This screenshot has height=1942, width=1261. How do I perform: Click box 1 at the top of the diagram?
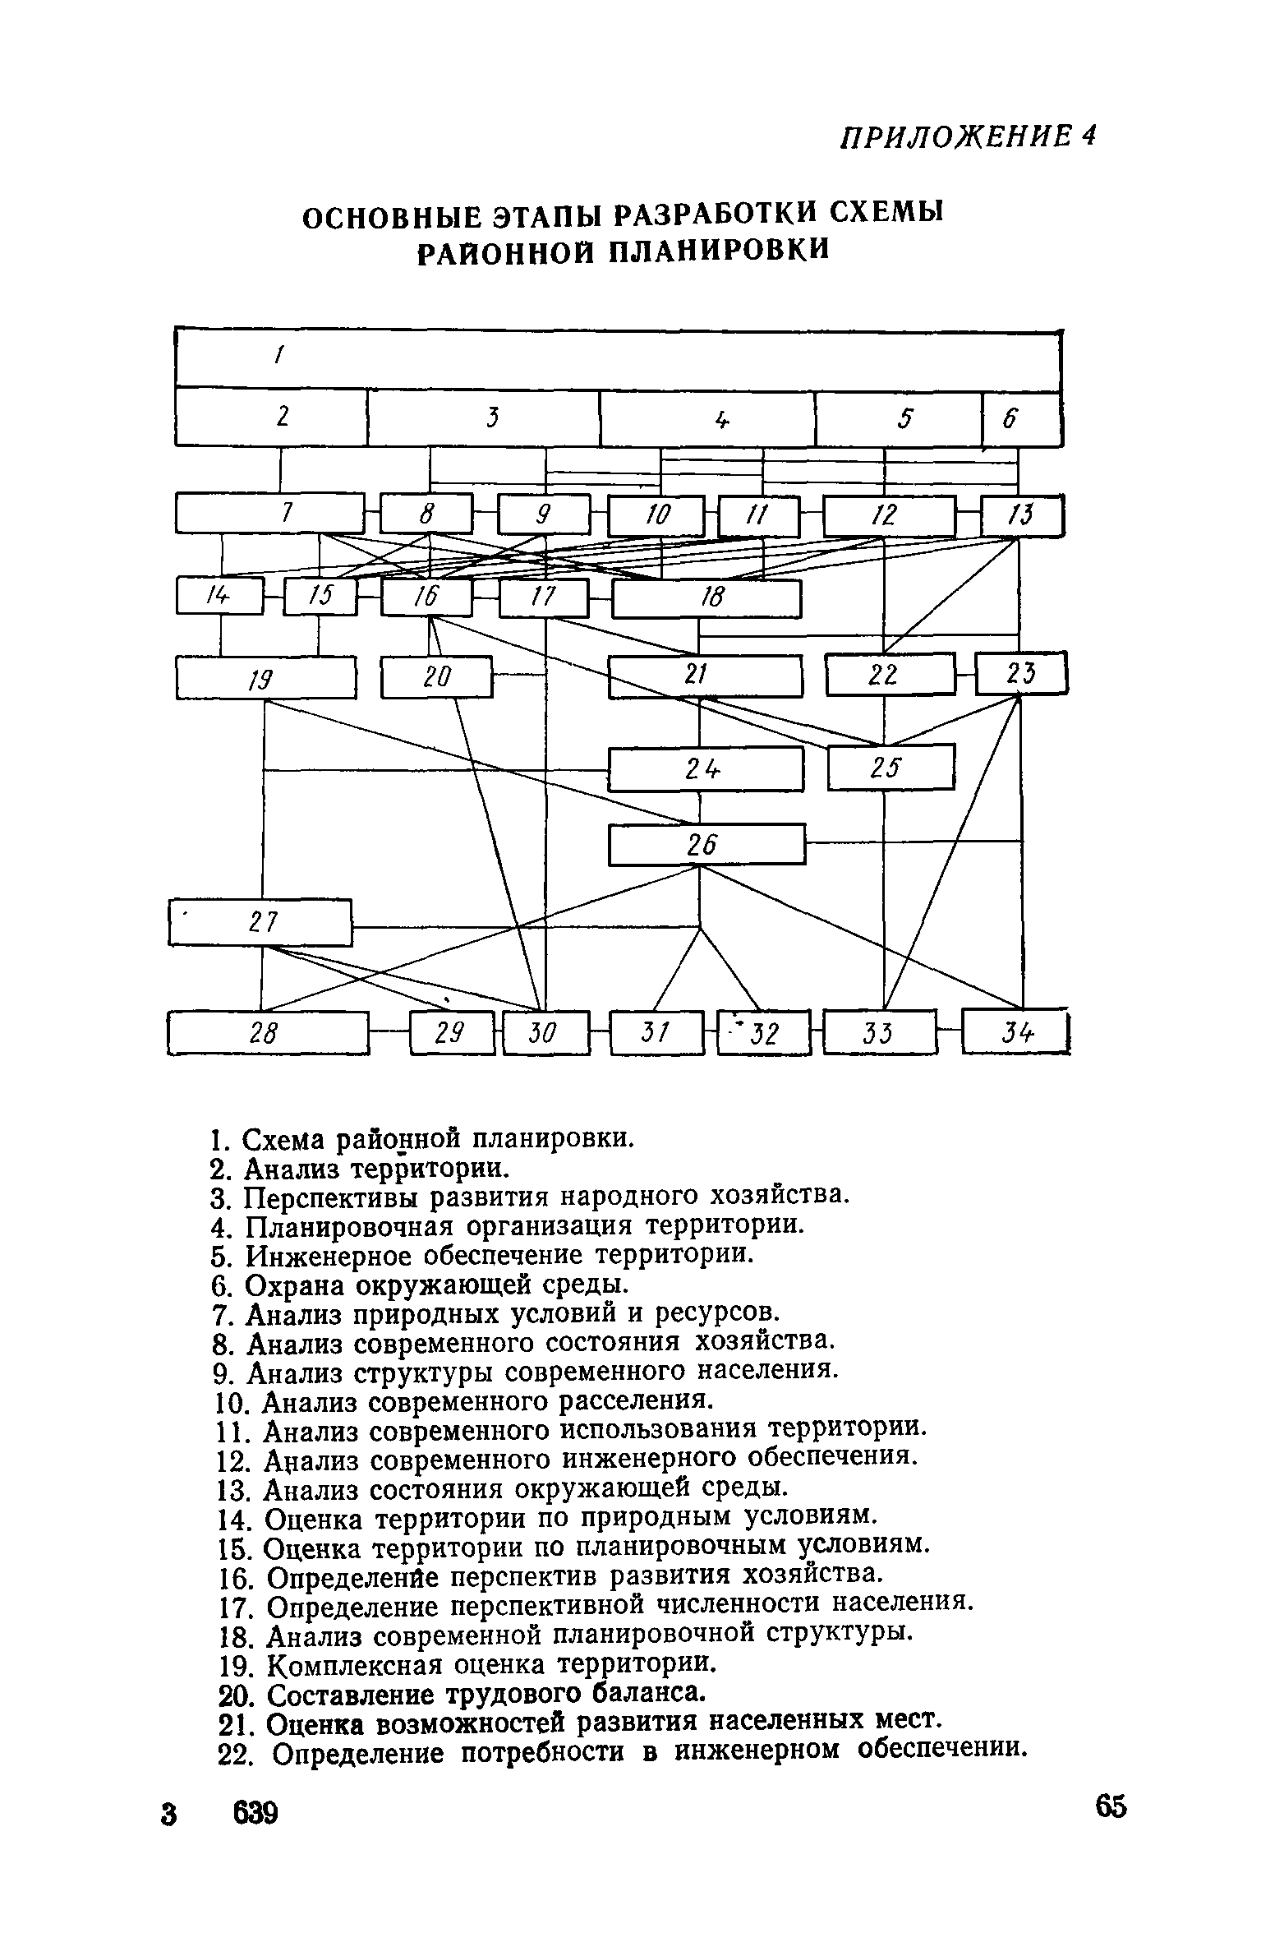click(x=618, y=358)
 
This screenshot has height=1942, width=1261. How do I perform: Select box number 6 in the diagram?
click(x=1021, y=419)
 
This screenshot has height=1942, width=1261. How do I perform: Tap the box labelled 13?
click(x=1022, y=515)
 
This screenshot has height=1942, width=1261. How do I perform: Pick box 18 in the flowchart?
click(x=706, y=597)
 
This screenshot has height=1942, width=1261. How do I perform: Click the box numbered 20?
click(x=436, y=676)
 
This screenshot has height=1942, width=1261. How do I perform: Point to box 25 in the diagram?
click(x=891, y=767)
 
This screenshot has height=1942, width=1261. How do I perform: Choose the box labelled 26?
click(x=706, y=844)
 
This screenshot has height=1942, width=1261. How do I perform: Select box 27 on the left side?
click(x=260, y=922)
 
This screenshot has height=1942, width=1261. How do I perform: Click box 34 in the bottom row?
click(x=1015, y=1032)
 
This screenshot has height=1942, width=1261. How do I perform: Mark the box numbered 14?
click(x=219, y=597)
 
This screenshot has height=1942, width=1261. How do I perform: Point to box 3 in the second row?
click(x=484, y=419)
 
